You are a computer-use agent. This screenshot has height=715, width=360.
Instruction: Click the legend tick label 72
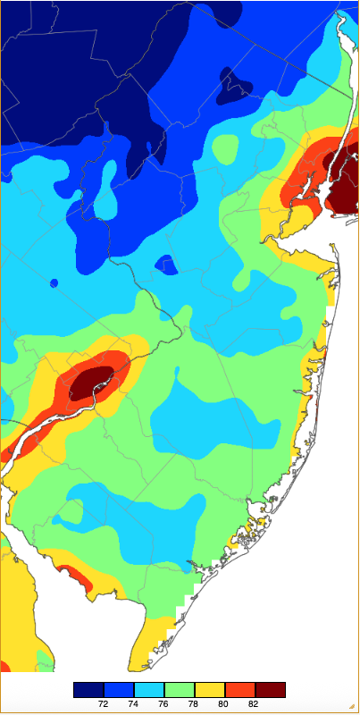[104, 703]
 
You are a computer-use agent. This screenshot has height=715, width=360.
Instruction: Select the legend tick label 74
[134, 703]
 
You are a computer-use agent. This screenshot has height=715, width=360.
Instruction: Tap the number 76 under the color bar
[164, 703]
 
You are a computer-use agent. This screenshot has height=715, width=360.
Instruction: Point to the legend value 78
[195, 703]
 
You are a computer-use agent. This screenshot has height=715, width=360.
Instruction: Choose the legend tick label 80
[225, 703]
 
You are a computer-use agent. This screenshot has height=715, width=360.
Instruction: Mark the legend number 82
[255, 703]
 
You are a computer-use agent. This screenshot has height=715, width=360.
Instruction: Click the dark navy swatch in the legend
[88, 689]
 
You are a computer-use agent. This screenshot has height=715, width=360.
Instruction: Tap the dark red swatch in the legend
[271, 689]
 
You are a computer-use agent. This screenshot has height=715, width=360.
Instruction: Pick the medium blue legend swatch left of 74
[119, 689]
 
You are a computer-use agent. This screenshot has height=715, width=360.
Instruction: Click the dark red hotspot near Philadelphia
[92, 382]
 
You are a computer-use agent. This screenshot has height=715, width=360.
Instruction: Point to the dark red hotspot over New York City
[340, 183]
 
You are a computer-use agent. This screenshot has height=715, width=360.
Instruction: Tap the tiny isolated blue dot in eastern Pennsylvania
[54, 283]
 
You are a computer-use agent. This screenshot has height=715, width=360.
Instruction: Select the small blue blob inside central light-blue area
[165, 265]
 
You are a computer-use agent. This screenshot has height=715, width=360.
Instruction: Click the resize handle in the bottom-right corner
[353, 708]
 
